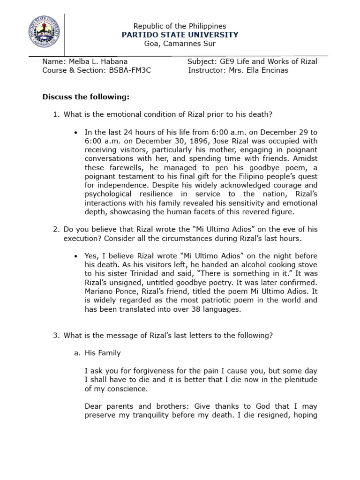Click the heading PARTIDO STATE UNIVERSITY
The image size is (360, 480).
(x=180, y=35)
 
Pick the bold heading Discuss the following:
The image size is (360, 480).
(x=85, y=97)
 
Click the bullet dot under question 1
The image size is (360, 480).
(x=75, y=132)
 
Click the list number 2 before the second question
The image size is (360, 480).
(x=55, y=229)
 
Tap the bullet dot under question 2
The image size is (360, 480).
(x=75, y=256)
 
